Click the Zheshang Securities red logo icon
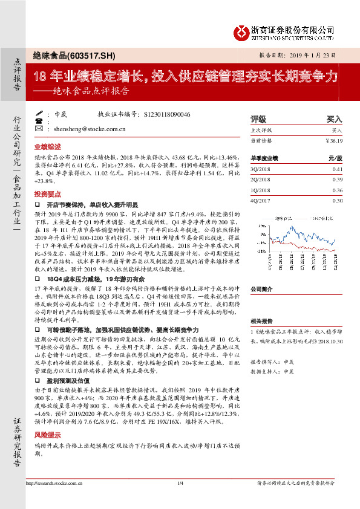click(240, 30)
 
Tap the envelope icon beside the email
click(38, 129)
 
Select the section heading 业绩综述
click(47, 146)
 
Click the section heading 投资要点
click(47, 194)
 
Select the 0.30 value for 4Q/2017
click(338, 200)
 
